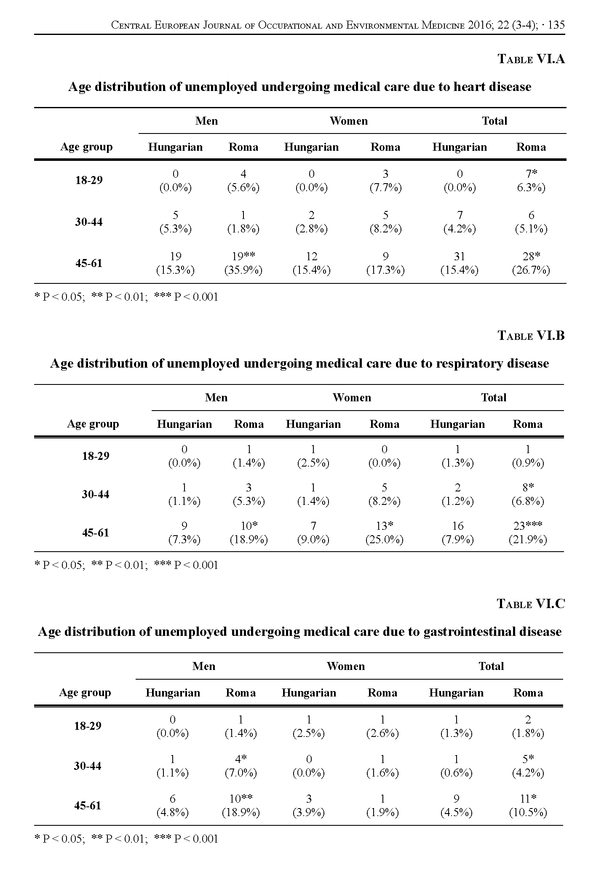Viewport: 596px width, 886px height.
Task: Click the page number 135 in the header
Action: pos(556,25)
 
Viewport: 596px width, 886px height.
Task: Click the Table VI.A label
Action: pos(531,59)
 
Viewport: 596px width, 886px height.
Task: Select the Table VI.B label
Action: pos(531,336)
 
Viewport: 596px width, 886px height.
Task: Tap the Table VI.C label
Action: pos(531,604)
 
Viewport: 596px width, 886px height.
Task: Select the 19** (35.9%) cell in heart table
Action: pos(243,263)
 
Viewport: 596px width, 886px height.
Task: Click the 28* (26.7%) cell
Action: pos(531,263)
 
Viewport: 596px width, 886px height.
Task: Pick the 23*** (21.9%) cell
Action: pos(528,533)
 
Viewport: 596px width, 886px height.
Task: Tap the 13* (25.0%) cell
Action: pos(384,533)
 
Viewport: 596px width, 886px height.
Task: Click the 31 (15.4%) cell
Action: pos(460,263)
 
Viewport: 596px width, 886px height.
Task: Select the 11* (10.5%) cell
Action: pos(528,806)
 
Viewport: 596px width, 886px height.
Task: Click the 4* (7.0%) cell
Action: pos(241,766)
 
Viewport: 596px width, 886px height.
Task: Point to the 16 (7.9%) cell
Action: pos(457,533)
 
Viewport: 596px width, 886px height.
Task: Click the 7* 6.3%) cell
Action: pos(531,180)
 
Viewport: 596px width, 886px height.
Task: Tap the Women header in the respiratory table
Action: pos(352,398)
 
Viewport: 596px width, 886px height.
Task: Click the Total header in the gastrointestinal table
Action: pos(491,666)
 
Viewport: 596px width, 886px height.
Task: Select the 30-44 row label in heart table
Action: pos(89,222)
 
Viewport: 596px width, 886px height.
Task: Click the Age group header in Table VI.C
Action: pos(85,693)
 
